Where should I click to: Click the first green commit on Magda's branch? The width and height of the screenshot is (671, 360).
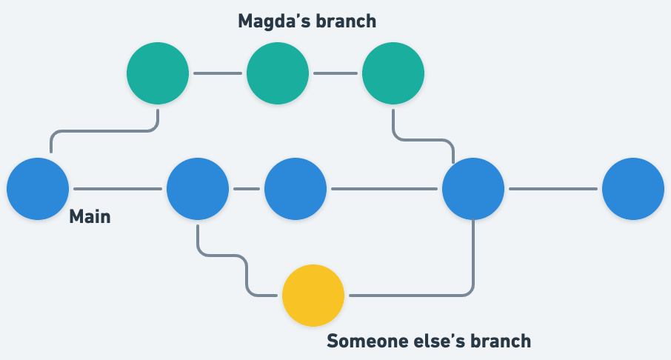click(x=158, y=74)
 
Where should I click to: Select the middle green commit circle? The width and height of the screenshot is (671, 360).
click(x=277, y=74)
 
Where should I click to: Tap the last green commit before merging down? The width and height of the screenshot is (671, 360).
click(x=393, y=74)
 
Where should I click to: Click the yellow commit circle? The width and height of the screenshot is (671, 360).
click(x=313, y=296)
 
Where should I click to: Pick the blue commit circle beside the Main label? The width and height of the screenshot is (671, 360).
click(x=38, y=189)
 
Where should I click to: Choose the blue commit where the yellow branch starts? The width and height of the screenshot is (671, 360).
click(x=198, y=189)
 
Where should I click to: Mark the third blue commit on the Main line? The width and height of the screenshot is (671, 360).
click(x=295, y=189)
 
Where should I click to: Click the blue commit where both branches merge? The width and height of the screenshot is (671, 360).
click(x=473, y=189)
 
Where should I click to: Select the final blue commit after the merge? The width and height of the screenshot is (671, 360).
click(x=632, y=189)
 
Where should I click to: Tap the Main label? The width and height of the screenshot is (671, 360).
click(x=90, y=218)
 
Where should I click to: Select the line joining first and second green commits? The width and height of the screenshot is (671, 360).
click(x=217, y=74)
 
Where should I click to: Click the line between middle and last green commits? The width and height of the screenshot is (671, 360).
click(x=335, y=74)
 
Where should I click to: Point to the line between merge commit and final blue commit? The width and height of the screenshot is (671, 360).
click(x=553, y=189)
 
